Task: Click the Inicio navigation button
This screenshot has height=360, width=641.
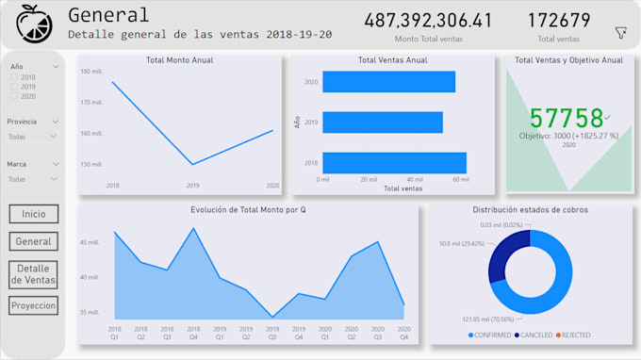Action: coord(34,214)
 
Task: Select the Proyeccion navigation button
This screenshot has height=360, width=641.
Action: coord(34,305)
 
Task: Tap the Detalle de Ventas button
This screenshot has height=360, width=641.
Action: coord(34,274)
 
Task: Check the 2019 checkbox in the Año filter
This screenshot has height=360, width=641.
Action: coord(13,87)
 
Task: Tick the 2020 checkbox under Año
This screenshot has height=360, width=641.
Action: coord(13,96)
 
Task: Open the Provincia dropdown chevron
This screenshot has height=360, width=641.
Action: coord(56,122)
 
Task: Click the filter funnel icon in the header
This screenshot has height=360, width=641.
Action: coord(620,33)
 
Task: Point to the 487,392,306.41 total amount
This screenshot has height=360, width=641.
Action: coord(427,21)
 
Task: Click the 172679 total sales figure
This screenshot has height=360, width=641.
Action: coord(559,21)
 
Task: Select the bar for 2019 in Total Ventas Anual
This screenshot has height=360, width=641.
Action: coord(383,122)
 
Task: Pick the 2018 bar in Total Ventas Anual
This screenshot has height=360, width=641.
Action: coord(394,162)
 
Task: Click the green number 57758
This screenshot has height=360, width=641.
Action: coord(566,118)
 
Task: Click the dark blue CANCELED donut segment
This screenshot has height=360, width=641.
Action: coord(500,254)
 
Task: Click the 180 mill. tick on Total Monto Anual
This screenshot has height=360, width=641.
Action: coord(91,72)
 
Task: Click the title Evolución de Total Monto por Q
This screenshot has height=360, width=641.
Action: coord(248,209)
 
